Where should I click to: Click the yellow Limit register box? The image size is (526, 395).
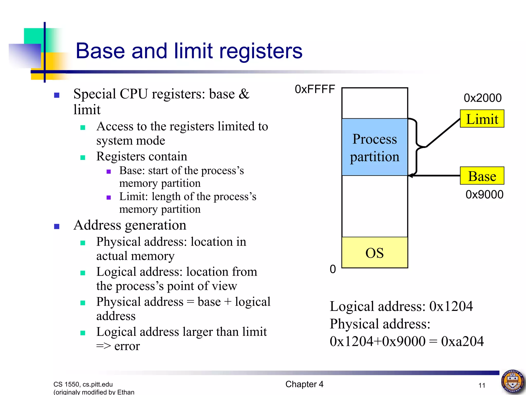pyautogui.click(x=482, y=119)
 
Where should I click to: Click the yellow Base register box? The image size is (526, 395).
pyautogui.click(x=482, y=176)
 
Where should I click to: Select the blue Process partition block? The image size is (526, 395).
pyautogui.click(x=375, y=147)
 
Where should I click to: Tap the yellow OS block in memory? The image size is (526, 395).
pyautogui.click(x=375, y=253)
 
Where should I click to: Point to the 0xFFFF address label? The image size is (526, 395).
pyautogui.click(x=315, y=89)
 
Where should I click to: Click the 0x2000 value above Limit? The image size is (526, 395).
pyautogui.click(x=483, y=98)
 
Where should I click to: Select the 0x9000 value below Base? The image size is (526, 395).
pyautogui.click(x=484, y=195)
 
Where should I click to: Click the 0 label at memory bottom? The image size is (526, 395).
pyautogui.click(x=333, y=269)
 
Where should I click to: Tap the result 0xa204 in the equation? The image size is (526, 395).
pyautogui.click(x=462, y=342)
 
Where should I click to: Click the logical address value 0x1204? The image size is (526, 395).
pyautogui.click(x=451, y=306)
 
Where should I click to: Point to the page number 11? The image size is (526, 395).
pyautogui.click(x=482, y=385)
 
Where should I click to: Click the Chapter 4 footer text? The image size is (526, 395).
pyautogui.click(x=304, y=384)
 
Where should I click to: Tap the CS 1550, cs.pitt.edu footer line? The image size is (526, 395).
pyautogui.click(x=83, y=384)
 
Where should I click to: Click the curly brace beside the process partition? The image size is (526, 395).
pyautogui.click(x=416, y=147)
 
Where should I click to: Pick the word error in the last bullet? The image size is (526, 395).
pyautogui.click(x=127, y=346)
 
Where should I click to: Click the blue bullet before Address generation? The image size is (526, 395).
pyautogui.click(x=57, y=226)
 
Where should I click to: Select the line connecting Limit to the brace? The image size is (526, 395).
pyautogui.click(x=443, y=133)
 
